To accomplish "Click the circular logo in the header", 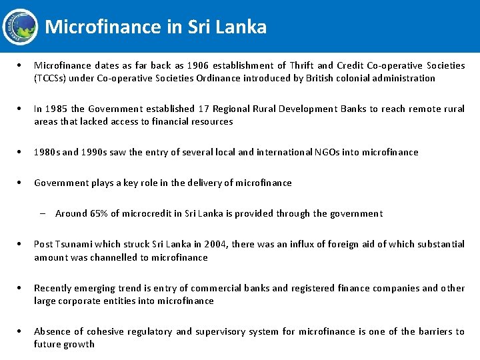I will point(21,26).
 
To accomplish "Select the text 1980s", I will point(47,152).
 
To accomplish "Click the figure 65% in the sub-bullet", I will point(99,213).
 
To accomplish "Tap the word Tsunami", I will point(75,244).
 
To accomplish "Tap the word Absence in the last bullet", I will point(52,331).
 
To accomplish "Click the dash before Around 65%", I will point(42,213).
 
